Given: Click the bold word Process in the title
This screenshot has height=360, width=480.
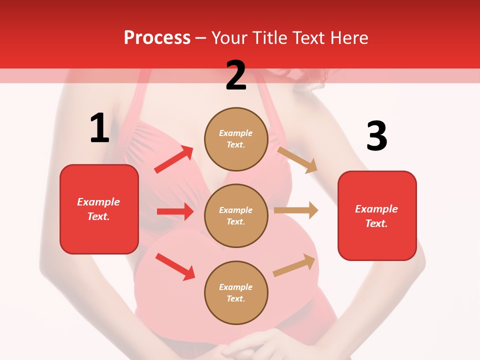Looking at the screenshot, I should [x=157, y=37].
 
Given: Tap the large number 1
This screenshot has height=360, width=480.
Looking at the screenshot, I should [x=99, y=128].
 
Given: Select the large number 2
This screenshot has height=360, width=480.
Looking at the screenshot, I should [x=236, y=75].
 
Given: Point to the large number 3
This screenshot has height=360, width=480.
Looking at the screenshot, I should [x=376, y=136].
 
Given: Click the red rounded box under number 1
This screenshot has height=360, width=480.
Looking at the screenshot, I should [x=99, y=209].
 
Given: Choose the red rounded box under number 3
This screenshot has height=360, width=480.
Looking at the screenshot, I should [x=377, y=215].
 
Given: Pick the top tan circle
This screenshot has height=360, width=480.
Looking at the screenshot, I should [x=236, y=139].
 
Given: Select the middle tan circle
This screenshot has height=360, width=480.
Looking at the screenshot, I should [x=236, y=215].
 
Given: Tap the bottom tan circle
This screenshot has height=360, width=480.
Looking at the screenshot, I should [x=236, y=292].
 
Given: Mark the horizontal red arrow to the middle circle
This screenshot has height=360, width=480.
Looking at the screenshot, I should [x=175, y=211].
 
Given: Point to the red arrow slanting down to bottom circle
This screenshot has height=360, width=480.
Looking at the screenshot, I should [x=175, y=266].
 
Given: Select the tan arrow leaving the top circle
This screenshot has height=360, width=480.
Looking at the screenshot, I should [x=297, y=159].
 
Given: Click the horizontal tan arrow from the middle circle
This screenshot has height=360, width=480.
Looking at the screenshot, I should [x=296, y=210].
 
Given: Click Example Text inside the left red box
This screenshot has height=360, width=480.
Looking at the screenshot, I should [x=98, y=209].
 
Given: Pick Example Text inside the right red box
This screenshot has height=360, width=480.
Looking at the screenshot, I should [x=376, y=216].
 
